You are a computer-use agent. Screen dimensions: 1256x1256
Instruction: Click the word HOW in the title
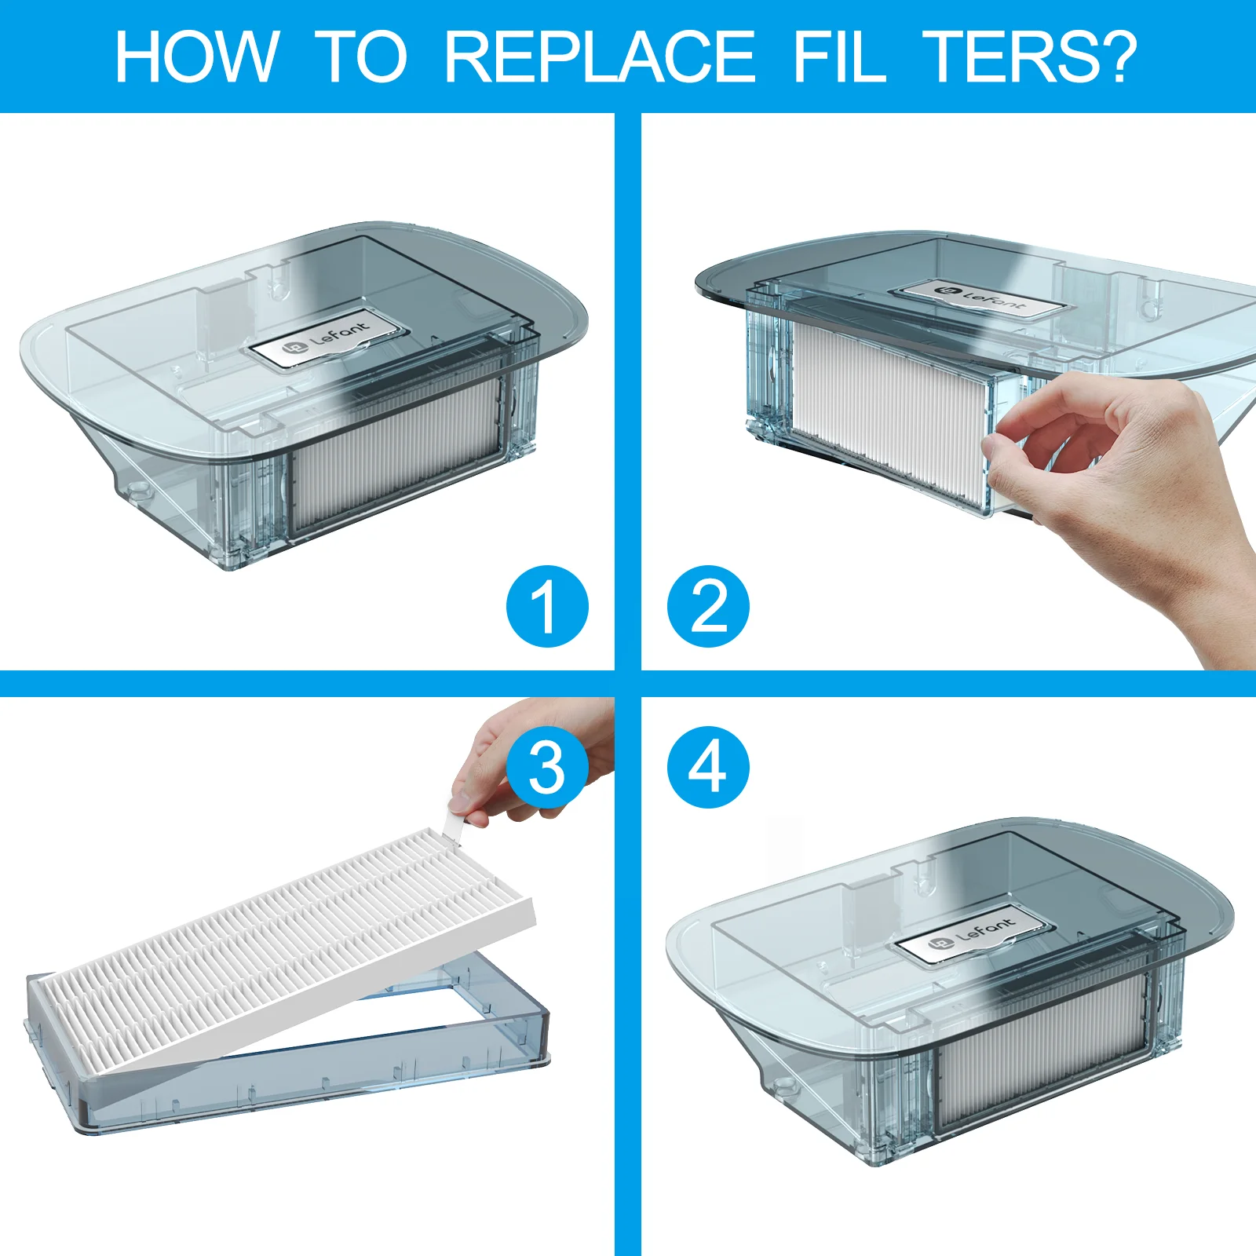197,57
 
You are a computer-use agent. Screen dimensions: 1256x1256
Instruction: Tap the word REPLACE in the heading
601,57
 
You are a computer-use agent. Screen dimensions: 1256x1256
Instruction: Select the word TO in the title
361,57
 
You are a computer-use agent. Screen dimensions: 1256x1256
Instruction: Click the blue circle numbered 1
547,606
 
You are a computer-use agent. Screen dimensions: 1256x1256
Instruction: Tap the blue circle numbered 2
708,606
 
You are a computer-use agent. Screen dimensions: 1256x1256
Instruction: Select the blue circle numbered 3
547,767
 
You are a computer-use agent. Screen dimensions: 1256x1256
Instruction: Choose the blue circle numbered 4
708,767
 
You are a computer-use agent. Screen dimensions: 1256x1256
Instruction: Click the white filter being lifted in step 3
283,950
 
